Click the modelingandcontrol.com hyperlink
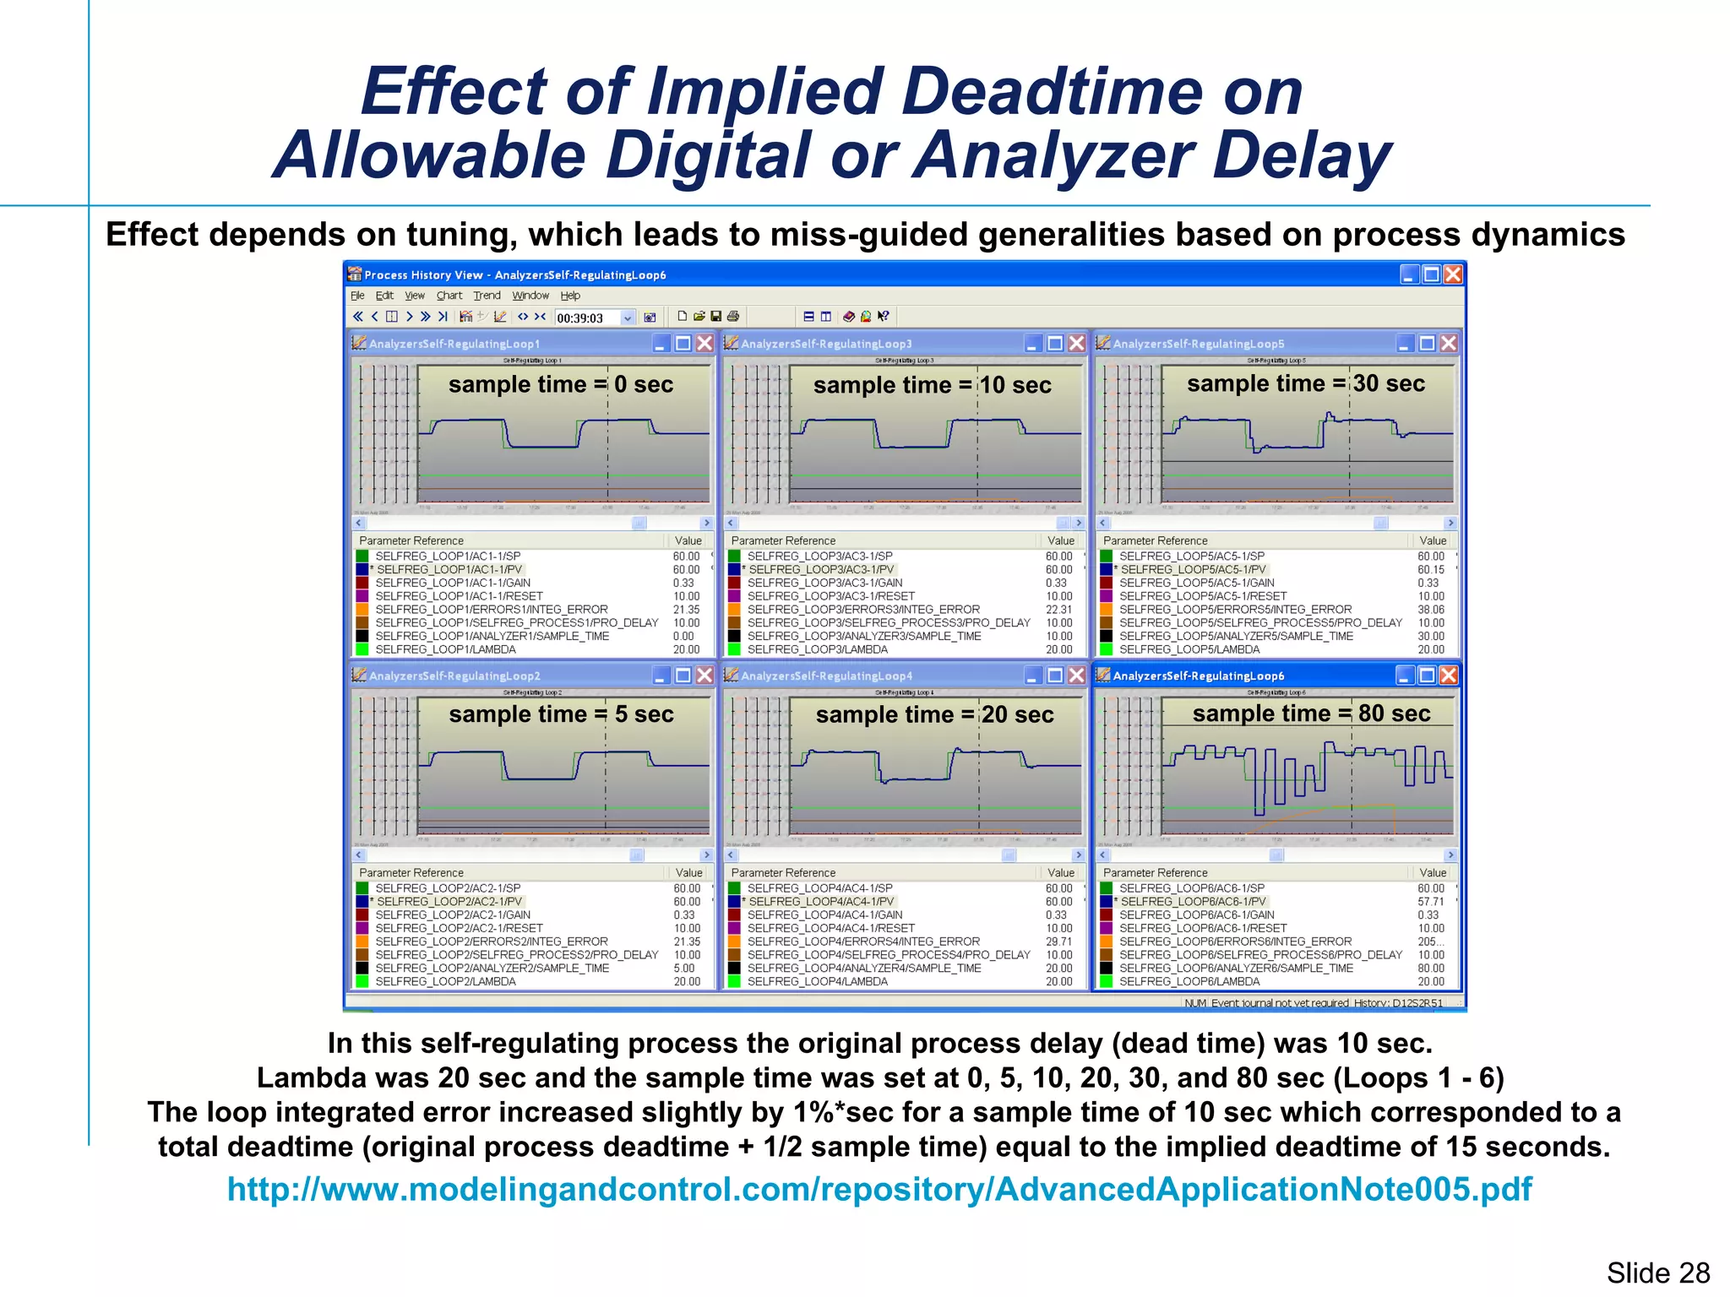(x=879, y=1189)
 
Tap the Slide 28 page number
(x=1657, y=1273)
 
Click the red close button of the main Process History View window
(x=1452, y=274)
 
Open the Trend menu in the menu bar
(x=487, y=296)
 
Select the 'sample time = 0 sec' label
(x=560, y=384)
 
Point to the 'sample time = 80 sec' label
(x=1311, y=714)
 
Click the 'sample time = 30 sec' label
(x=1305, y=383)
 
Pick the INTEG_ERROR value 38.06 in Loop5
(x=1430, y=610)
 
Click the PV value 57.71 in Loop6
(x=1430, y=902)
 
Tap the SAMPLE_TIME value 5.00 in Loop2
(x=683, y=969)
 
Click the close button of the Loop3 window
(x=1076, y=343)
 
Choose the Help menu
(x=570, y=296)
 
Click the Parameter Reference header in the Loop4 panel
(x=783, y=872)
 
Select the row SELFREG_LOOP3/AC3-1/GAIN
(x=824, y=583)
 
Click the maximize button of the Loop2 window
(x=683, y=676)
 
